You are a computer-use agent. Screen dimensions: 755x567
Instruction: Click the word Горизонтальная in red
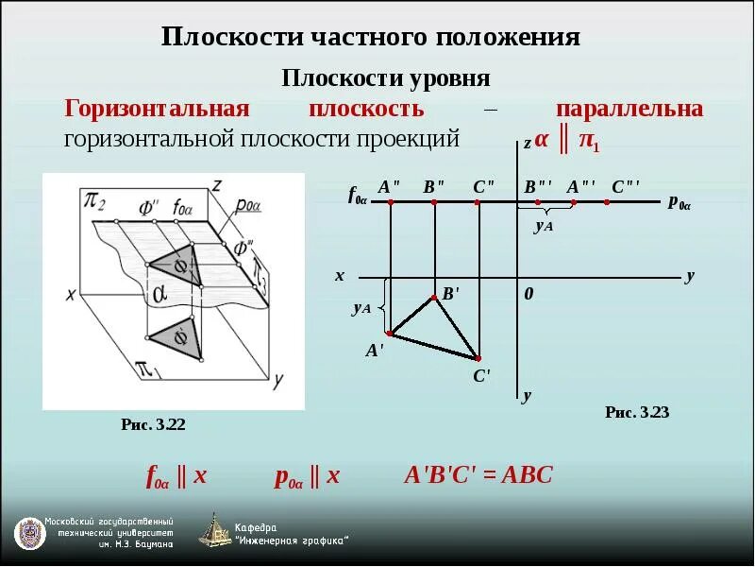click(x=156, y=109)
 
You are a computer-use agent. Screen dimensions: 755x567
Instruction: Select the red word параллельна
click(x=629, y=109)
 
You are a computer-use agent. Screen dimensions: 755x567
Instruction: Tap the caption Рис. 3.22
click(x=154, y=424)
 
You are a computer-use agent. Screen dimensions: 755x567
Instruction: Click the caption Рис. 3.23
click(x=637, y=412)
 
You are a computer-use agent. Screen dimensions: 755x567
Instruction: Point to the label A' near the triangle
click(x=375, y=351)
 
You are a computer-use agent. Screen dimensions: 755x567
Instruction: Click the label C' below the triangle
click(x=481, y=376)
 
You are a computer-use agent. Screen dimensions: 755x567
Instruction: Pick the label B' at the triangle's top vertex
click(x=450, y=294)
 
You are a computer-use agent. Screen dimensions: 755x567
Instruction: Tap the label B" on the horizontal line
click(x=434, y=187)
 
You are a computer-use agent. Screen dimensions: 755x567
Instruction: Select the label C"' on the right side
click(x=626, y=187)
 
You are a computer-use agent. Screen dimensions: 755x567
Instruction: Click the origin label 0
click(x=528, y=295)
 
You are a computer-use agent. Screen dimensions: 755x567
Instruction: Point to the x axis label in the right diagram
click(x=340, y=276)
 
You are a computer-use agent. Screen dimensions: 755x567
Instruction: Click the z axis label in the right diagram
click(x=528, y=145)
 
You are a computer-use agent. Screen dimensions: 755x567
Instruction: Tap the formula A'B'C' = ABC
click(x=478, y=475)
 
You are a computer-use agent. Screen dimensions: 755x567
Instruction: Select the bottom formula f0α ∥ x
click(x=176, y=476)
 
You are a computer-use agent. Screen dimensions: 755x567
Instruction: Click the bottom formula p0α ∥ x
click(x=308, y=476)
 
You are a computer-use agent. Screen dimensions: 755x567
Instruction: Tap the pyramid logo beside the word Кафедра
click(x=214, y=530)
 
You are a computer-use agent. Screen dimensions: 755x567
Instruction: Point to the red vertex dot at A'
click(x=389, y=334)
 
